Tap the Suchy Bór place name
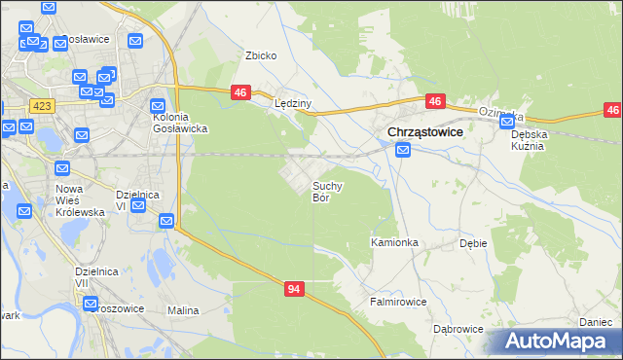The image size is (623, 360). (326, 191)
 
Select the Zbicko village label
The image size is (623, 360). (261, 55)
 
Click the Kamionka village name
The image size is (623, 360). (394, 241)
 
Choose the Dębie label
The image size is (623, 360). (473, 244)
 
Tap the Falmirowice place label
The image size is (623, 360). (397, 302)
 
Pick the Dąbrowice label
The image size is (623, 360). (458, 329)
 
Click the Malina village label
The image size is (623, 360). (183, 310)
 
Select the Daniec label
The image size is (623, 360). (595, 321)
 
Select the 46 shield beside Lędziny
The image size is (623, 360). (242, 92)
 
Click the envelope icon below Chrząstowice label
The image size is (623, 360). (403, 150)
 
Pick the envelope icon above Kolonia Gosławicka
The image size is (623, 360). (158, 106)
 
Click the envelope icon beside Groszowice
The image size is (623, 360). (91, 303)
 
